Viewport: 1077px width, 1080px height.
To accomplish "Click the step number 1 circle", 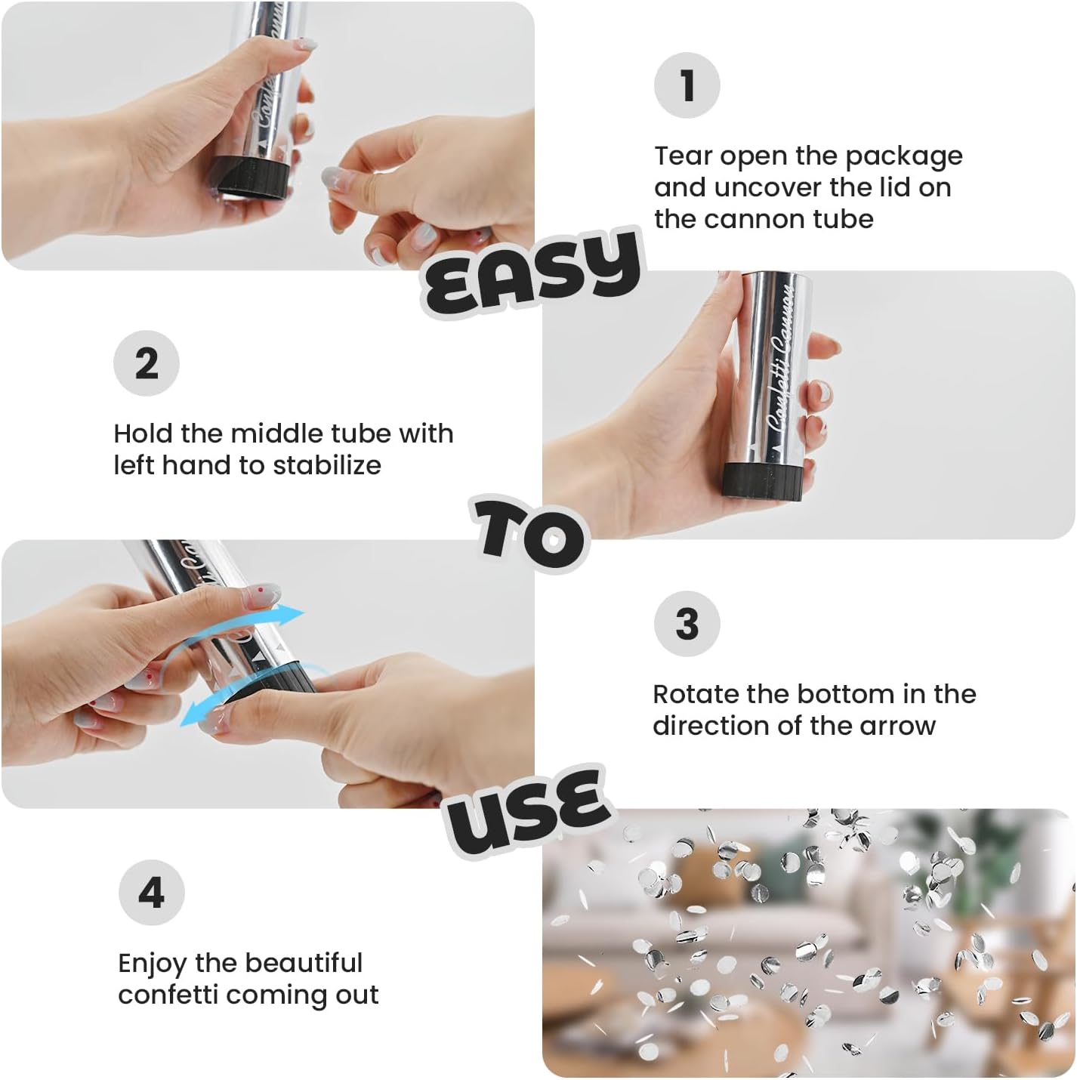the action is (687, 85).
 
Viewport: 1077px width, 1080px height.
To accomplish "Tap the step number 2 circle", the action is (147, 363).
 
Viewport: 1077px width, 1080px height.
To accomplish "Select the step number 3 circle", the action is (687, 624).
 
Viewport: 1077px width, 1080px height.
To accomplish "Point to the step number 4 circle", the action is (151, 892).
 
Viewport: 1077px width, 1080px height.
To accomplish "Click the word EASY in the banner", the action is (532, 273).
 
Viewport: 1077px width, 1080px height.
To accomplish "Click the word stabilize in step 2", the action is (327, 464).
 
